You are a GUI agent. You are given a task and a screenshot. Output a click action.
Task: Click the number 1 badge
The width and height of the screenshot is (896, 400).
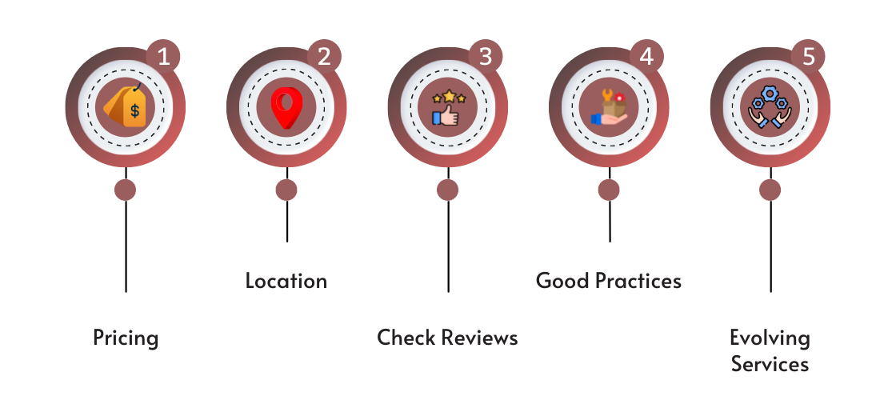click(164, 57)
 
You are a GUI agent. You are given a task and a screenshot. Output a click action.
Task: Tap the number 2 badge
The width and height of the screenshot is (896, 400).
click(325, 57)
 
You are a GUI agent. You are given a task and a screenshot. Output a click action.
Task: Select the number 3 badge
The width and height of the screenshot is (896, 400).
click(486, 57)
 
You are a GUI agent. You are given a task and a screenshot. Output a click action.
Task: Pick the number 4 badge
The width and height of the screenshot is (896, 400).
click(646, 57)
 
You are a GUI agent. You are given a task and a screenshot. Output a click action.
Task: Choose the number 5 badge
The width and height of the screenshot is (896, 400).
click(808, 57)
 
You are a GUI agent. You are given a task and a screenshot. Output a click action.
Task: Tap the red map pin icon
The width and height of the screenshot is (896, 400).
click(286, 108)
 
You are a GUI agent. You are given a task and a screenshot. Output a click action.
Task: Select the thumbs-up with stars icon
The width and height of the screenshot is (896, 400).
click(447, 107)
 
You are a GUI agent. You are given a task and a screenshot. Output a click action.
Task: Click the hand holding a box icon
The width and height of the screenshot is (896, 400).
click(609, 107)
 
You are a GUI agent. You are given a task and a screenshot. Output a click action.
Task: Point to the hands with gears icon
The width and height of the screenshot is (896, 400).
click(770, 107)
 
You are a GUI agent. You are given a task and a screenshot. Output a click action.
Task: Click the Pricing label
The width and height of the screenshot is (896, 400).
click(126, 338)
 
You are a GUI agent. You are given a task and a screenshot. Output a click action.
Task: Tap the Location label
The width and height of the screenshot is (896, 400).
click(286, 282)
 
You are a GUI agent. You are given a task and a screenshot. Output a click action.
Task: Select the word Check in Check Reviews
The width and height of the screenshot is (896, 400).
click(406, 338)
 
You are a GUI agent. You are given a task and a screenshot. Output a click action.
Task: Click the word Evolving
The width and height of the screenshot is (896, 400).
click(770, 338)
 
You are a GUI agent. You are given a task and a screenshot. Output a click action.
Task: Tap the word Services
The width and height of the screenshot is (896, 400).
click(770, 365)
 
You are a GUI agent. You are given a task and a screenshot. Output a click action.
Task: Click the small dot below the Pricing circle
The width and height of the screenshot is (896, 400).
click(126, 190)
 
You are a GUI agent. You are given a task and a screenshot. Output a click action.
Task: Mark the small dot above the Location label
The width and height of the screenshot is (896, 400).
click(286, 190)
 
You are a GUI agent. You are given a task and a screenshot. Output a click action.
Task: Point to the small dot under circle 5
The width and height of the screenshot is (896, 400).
click(770, 190)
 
